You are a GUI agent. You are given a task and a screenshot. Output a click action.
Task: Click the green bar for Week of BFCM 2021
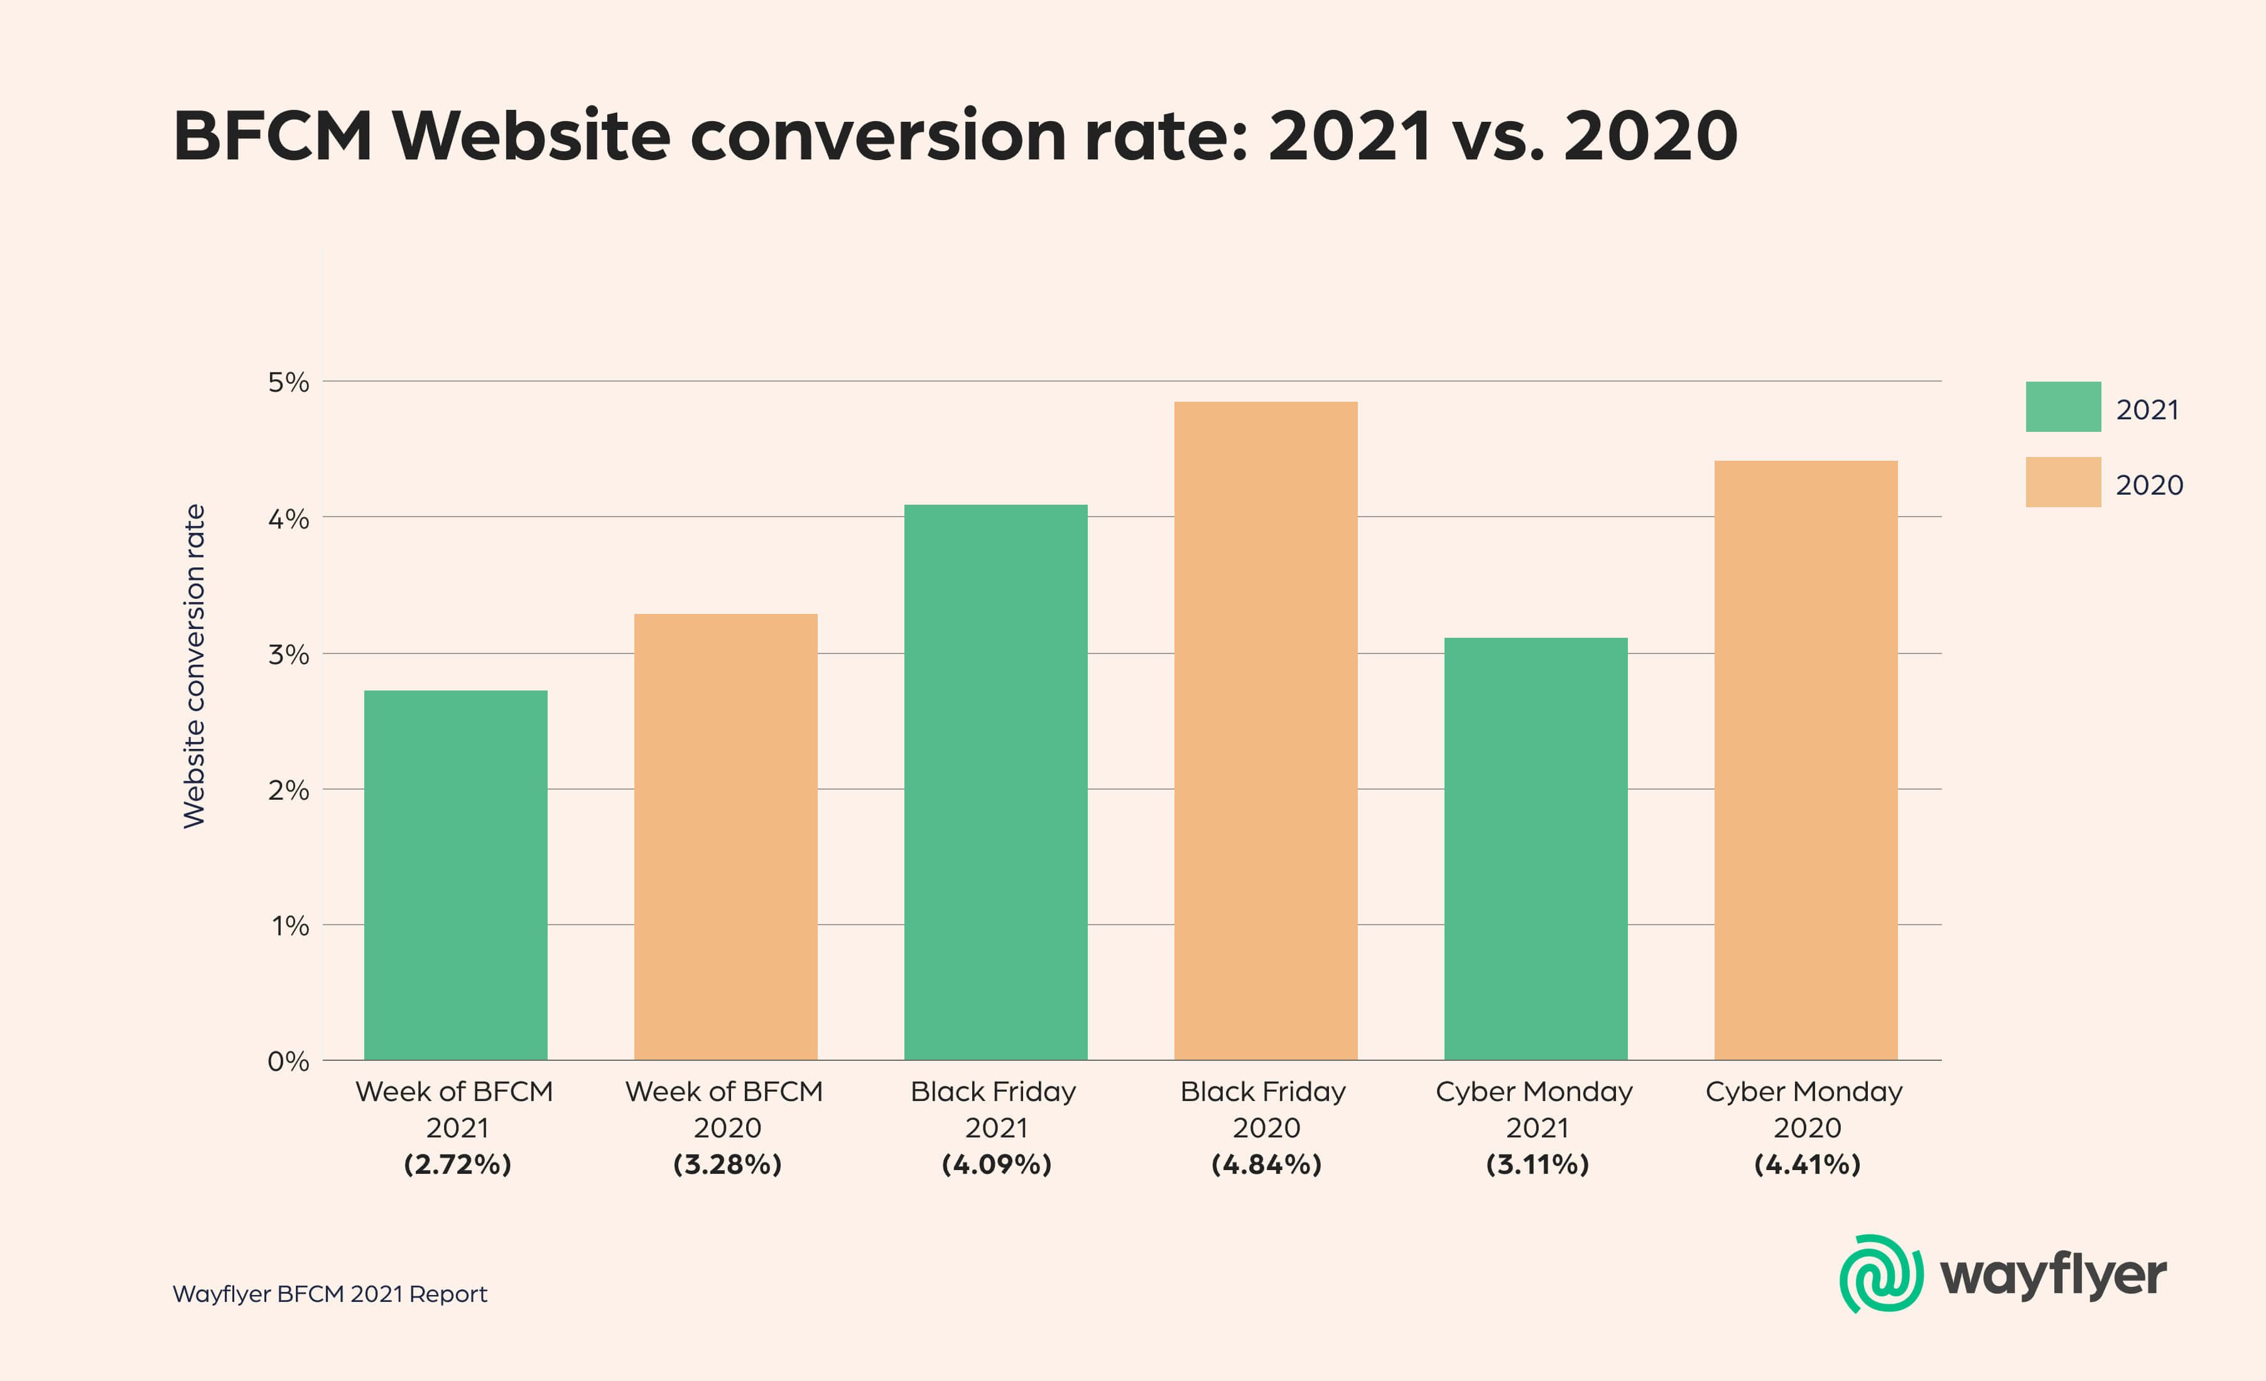coord(455,874)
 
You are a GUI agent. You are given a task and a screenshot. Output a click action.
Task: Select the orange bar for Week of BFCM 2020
coord(725,837)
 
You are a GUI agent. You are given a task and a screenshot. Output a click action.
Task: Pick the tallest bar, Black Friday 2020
coord(1266,730)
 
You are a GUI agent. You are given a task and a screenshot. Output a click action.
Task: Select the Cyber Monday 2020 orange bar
coord(1805,760)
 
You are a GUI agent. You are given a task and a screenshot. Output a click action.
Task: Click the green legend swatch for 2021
coord(2063,406)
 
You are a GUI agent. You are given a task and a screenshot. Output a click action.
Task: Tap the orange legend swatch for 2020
coord(2063,482)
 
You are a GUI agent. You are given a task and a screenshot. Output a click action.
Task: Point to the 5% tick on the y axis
coord(288,382)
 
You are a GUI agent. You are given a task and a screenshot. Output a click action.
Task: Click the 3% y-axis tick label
coord(288,655)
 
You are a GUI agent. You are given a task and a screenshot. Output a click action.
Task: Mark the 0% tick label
coord(288,1062)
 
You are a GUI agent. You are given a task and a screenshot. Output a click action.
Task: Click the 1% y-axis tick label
coord(290,926)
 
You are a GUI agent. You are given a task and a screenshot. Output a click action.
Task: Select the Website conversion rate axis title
coord(194,665)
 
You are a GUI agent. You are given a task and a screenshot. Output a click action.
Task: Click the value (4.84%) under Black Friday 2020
coord(1266,1165)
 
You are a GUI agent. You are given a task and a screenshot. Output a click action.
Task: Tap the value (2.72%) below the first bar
coord(457,1165)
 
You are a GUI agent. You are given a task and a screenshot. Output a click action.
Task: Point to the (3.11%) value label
coord(1537,1165)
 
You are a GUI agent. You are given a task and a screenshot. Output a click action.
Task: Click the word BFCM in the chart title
coord(272,136)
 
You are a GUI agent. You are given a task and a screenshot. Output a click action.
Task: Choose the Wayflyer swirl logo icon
coord(1880,1274)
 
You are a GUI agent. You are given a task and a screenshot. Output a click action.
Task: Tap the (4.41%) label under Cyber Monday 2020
coord(1806,1165)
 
